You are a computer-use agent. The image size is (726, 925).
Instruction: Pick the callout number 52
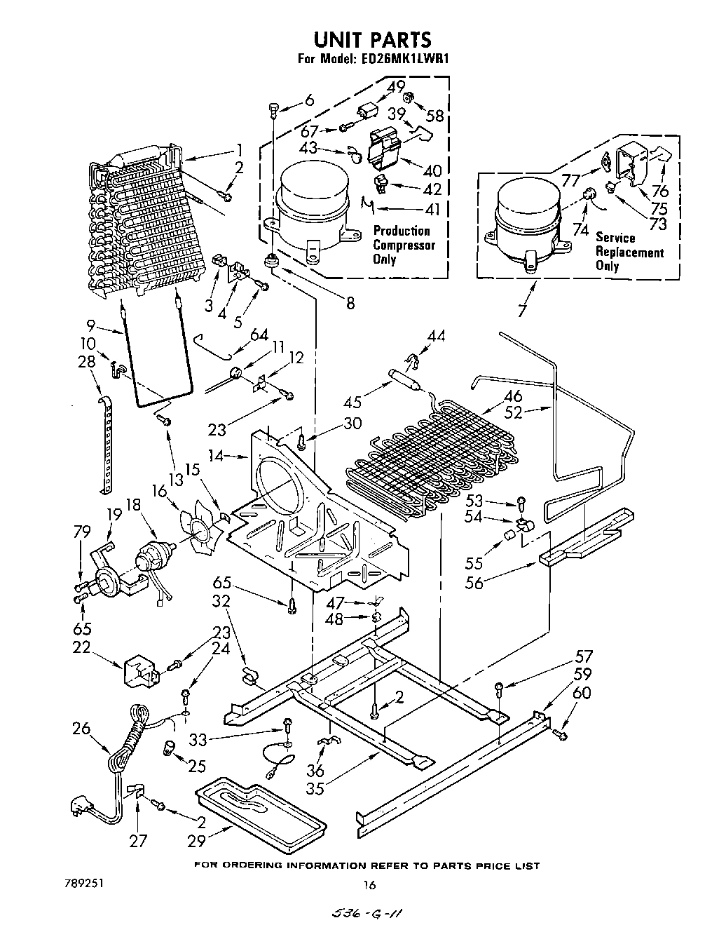coord(514,412)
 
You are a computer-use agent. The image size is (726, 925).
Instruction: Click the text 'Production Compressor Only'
coord(404,245)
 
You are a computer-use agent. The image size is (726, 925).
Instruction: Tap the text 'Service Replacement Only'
coord(629,252)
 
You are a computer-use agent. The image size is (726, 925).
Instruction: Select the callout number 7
coord(521,309)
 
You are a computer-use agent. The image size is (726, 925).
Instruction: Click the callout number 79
coord(81,532)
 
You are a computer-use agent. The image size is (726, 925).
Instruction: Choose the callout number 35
coord(315,788)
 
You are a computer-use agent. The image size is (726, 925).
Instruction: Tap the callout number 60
coord(582,694)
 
